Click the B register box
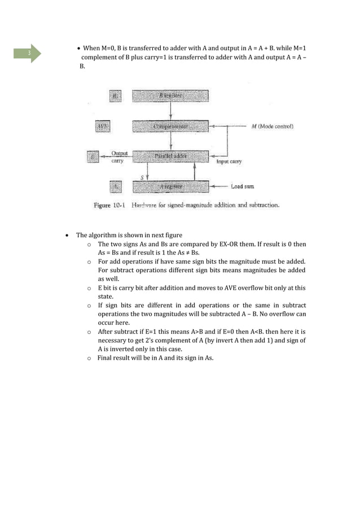170,97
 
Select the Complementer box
170,127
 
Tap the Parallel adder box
170,156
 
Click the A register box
170,185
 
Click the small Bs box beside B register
115,97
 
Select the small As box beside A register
115,185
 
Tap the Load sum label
245,186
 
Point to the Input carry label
229,161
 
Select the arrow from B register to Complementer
170,111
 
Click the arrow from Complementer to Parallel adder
170,141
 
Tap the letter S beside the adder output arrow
142,176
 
